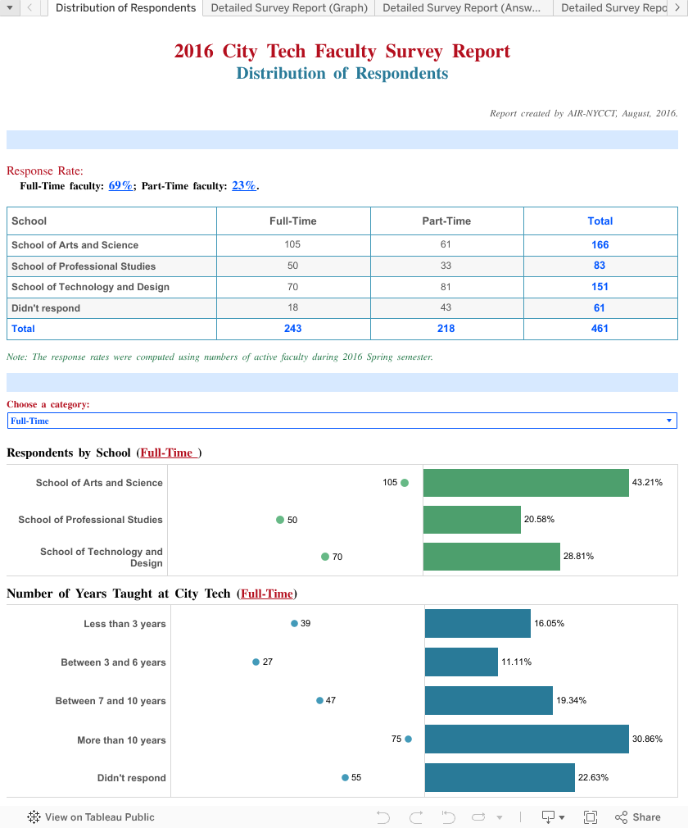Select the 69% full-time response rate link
point(120,186)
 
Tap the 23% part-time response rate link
point(244,186)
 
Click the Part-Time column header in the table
point(446,221)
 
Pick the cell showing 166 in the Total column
point(600,245)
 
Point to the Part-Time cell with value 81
point(446,287)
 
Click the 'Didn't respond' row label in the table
point(46,308)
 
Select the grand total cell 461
point(600,329)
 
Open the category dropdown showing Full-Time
point(342,421)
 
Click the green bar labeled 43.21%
point(526,483)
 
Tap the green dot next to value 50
point(280,520)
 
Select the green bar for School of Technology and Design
point(491,557)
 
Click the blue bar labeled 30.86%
point(527,739)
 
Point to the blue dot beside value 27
point(256,662)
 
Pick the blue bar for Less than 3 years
point(478,624)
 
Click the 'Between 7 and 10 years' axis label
point(111,701)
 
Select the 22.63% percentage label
point(593,778)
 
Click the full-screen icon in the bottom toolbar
point(590,817)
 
